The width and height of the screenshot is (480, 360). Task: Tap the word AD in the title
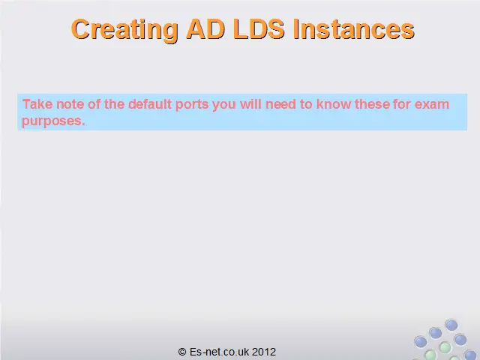(x=205, y=29)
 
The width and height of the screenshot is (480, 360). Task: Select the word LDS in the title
(x=259, y=29)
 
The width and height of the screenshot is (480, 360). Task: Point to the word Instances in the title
(x=354, y=29)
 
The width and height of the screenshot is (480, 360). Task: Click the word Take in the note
(x=37, y=104)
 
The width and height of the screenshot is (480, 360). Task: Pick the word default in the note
(x=150, y=104)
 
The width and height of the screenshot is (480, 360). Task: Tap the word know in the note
(x=334, y=104)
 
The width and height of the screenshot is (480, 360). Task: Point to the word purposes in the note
(x=53, y=121)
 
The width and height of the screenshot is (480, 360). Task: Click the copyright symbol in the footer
(x=182, y=352)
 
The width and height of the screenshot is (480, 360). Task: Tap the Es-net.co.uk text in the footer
(x=219, y=352)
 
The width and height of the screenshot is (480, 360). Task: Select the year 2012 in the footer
(x=264, y=352)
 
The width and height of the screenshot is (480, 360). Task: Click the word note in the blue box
(x=70, y=105)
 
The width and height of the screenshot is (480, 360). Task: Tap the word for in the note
(x=402, y=104)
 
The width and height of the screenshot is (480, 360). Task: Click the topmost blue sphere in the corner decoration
(x=451, y=325)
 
